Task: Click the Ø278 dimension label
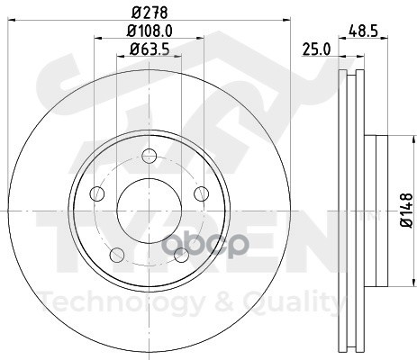(150, 13)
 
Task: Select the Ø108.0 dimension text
(150, 31)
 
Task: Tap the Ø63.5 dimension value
(150, 49)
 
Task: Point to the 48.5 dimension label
(363, 31)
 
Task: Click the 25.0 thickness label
(316, 49)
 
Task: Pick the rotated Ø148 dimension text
(407, 211)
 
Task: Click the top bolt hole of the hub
(150, 156)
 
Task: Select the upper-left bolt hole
(97, 193)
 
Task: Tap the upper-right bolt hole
(201, 193)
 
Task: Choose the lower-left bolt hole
(117, 255)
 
